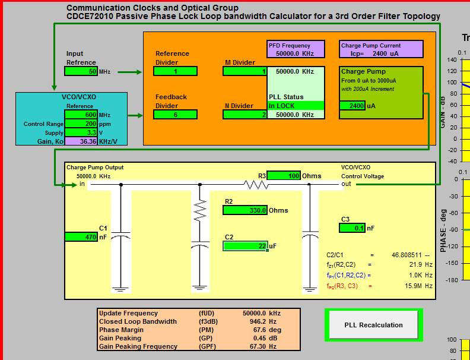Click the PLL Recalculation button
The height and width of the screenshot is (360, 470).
click(373, 325)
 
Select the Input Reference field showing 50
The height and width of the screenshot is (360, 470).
click(81, 72)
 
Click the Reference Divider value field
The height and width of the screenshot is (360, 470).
click(174, 71)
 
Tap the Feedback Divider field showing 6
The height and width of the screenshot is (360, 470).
click(174, 115)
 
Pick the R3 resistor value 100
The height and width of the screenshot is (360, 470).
click(284, 175)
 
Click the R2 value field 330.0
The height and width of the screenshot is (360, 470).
click(245, 210)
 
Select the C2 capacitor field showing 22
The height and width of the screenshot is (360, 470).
click(245, 246)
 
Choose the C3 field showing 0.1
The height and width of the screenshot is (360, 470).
click(352, 228)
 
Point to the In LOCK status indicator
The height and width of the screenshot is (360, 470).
click(296, 106)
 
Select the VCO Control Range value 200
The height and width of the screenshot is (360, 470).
click(81, 124)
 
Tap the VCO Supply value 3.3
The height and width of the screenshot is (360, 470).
click(81, 132)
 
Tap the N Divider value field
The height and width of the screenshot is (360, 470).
click(245, 115)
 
